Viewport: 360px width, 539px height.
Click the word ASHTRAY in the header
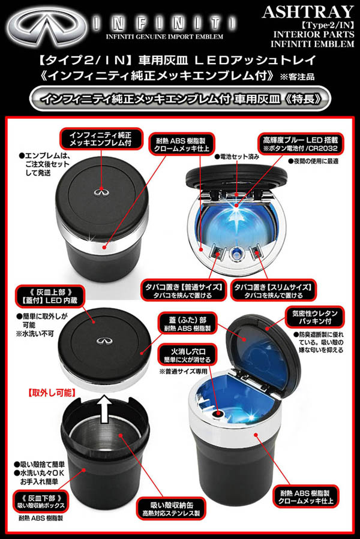tap(308, 12)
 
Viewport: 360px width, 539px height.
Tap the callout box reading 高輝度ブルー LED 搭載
tap(301, 144)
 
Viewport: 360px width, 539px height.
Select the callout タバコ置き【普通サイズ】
tap(183, 291)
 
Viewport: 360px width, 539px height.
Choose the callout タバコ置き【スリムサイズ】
tap(273, 291)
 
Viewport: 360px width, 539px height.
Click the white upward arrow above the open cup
tap(106, 409)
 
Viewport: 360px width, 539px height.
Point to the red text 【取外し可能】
tap(51, 393)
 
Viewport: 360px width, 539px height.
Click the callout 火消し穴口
tap(188, 356)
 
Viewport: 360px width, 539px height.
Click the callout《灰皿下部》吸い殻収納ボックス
tap(41, 502)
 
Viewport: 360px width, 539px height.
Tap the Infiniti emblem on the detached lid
tap(103, 341)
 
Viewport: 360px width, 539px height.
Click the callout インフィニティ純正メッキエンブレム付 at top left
tap(101, 139)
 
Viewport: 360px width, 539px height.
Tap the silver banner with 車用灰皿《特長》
tap(180, 100)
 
